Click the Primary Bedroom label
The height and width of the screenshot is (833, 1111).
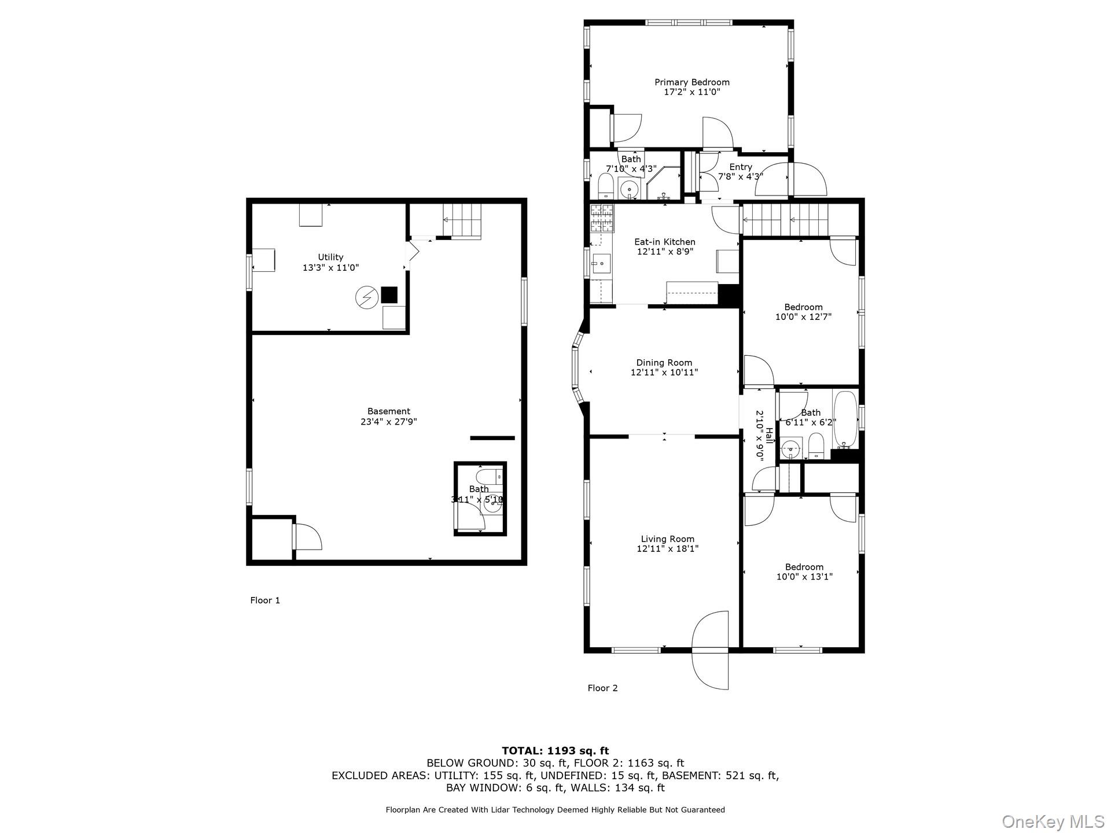(691, 82)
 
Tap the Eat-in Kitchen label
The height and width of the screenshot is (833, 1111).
(664, 242)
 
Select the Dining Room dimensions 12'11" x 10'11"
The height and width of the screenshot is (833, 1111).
(664, 373)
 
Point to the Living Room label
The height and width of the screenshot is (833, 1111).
(667, 539)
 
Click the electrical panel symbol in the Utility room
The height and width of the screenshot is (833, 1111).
(366, 297)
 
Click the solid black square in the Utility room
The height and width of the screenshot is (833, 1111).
(389, 295)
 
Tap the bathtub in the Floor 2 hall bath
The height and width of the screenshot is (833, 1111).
(845, 419)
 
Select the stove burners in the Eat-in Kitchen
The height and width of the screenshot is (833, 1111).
(601, 218)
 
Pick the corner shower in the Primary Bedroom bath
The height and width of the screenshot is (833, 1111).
(664, 184)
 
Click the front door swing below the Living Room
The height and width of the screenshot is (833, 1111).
(711, 651)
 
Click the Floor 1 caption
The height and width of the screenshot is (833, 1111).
(265, 600)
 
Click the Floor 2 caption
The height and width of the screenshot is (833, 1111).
(602, 688)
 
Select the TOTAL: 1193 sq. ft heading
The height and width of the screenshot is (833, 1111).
(555, 751)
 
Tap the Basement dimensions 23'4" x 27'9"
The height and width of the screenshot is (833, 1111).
(388, 422)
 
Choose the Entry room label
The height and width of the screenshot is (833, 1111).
(740, 167)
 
